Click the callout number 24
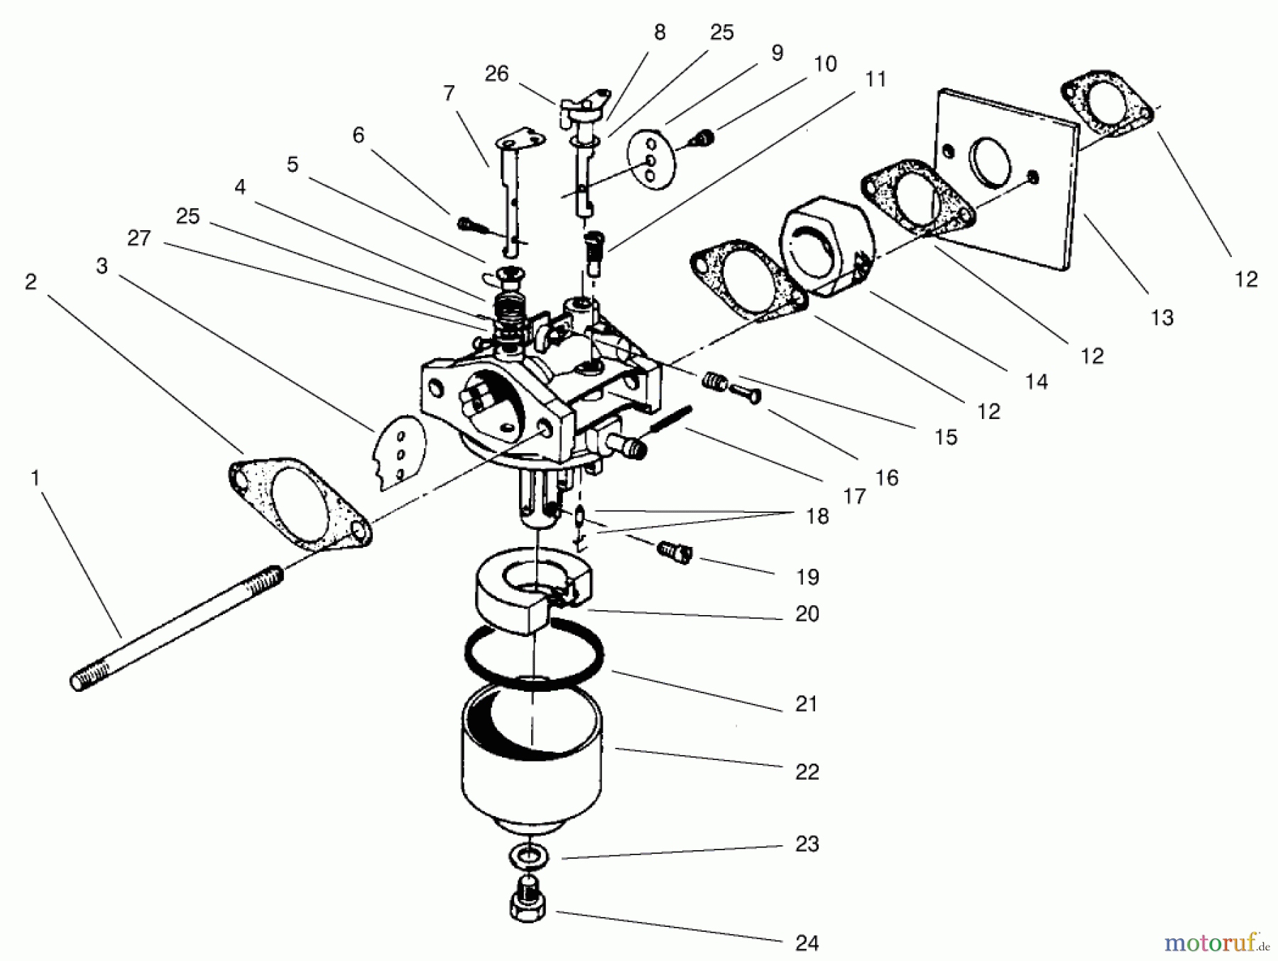tap(807, 943)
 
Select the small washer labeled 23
tap(530, 856)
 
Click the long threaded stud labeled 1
tap(177, 625)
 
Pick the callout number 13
tap(1162, 317)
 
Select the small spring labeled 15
tap(714, 384)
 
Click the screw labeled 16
tap(745, 391)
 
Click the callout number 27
tap(139, 237)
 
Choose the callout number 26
tap(496, 73)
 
